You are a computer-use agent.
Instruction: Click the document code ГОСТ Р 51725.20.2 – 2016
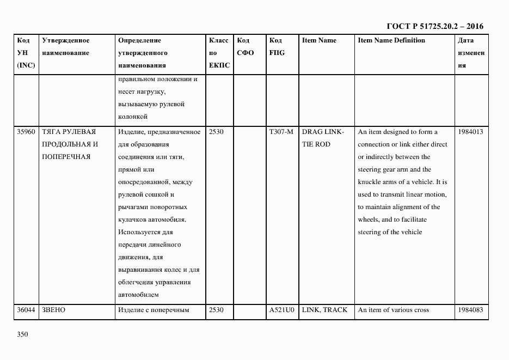coord(434,26)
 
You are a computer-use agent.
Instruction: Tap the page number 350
coord(22,334)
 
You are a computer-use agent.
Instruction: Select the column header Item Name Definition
coord(391,40)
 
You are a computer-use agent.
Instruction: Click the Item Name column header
coord(319,40)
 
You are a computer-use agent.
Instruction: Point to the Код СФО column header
coord(246,47)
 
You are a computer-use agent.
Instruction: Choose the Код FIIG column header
coord(277,47)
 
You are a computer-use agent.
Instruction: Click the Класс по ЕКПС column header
coord(219,53)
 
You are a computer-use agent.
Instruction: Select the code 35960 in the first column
coord(26,132)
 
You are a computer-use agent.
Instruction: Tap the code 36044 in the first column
coord(26,310)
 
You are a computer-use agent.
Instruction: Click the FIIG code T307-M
coord(281,132)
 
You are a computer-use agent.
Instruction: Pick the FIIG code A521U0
coord(281,310)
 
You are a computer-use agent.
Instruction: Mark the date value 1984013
coord(470,132)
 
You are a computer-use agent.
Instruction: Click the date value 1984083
coord(470,310)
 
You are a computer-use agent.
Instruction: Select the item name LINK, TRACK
coord(324,310)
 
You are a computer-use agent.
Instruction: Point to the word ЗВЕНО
coord(53,310)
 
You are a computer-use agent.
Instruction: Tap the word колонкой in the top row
coord(133,117)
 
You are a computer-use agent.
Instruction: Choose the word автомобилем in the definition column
coord(138,295)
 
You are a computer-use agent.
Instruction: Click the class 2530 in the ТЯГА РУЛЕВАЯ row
coord(216,132)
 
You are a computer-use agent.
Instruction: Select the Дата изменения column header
coord(470,53)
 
